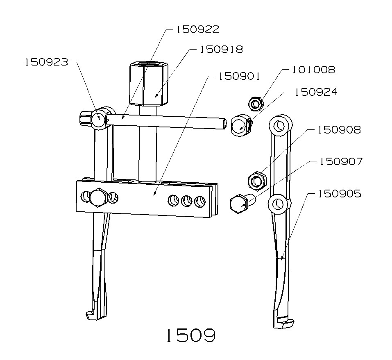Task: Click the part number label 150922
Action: [x=198, y=29]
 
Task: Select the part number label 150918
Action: [x=221, y=50]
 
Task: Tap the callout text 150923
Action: [x=46, y=62]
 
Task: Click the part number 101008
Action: [x=313, y=70]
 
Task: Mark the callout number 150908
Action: [x=339, y=130]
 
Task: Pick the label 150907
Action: [x=341, y=161]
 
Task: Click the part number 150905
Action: [x=340, y=193]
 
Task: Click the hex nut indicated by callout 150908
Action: [x=257, y=180]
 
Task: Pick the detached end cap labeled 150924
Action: [x=240, y=125]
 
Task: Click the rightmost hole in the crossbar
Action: [x=199, y=201]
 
